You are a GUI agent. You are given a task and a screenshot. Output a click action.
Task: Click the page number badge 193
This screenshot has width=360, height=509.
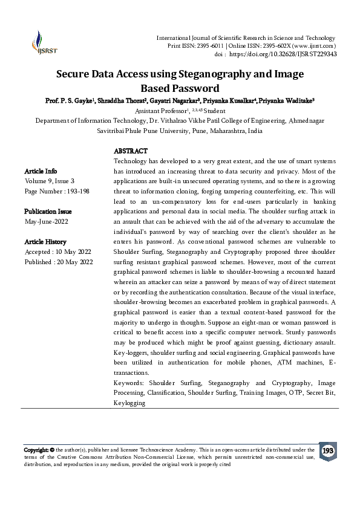328,452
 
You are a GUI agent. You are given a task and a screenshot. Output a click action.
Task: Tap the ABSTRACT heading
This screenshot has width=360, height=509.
131,151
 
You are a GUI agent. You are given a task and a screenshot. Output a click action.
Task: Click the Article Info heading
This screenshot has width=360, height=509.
41,171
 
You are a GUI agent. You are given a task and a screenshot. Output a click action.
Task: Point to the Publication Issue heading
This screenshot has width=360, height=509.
48,212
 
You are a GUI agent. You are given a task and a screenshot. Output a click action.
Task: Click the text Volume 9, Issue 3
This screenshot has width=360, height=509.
50,181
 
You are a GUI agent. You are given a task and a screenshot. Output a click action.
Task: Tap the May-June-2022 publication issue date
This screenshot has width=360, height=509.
46,222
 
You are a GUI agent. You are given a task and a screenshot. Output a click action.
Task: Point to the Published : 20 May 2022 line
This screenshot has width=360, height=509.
58,262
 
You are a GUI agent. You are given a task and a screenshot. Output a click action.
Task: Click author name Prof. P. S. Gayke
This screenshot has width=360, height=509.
66,100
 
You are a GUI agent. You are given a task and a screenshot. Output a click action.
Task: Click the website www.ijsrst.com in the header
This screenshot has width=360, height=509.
315,46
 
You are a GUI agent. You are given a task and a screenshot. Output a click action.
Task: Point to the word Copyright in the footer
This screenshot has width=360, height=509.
37,450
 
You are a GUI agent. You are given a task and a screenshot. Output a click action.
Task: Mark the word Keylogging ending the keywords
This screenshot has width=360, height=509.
129,401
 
